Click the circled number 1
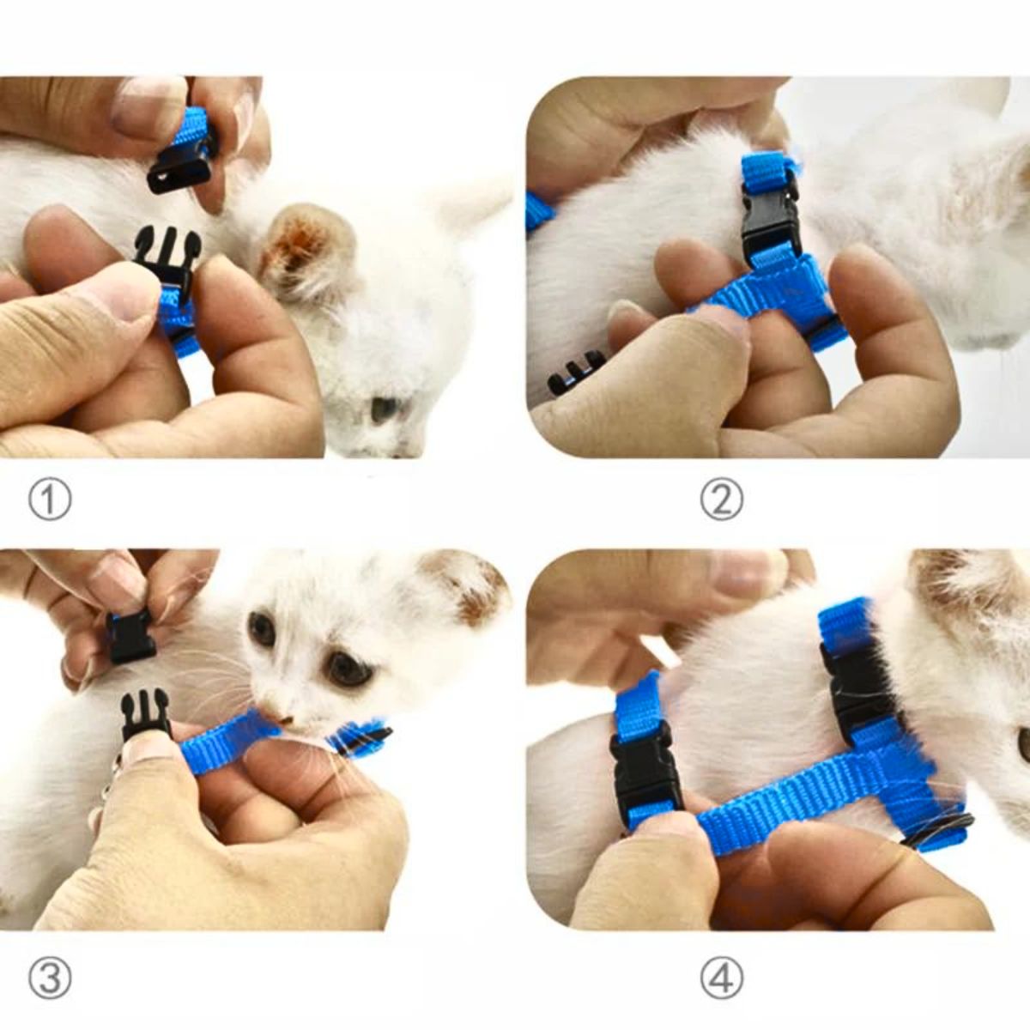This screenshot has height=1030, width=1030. click(x=50, y=500)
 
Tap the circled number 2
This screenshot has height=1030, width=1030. click(x=722, y=500)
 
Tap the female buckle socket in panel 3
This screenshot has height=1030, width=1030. click(x=131, y=636)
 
